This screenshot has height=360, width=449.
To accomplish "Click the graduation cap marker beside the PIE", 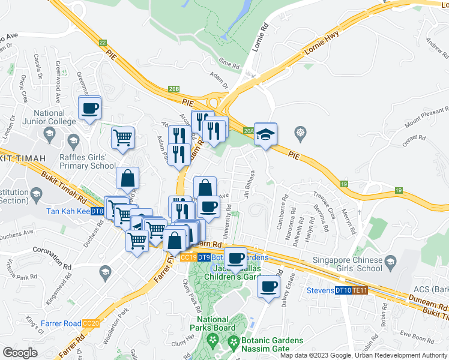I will tap(265, 135).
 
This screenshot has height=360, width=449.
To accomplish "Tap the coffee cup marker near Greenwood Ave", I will tap(89, 109).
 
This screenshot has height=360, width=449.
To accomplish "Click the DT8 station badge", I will tap(98, 211).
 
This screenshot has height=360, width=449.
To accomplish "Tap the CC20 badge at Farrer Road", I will tap(91, 323).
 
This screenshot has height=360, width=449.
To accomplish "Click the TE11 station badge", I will tap(359, 291).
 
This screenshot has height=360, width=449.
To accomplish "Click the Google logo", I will tap(20, 353).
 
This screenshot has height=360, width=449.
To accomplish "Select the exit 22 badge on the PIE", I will tap(103, 43).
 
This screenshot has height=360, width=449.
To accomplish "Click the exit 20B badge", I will tap(173, 89).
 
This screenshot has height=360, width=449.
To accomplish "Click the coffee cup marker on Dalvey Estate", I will tap(268, 286).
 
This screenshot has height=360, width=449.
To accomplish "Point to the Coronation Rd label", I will tap(52, 250).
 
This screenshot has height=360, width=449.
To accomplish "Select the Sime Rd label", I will tap(229, 61).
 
